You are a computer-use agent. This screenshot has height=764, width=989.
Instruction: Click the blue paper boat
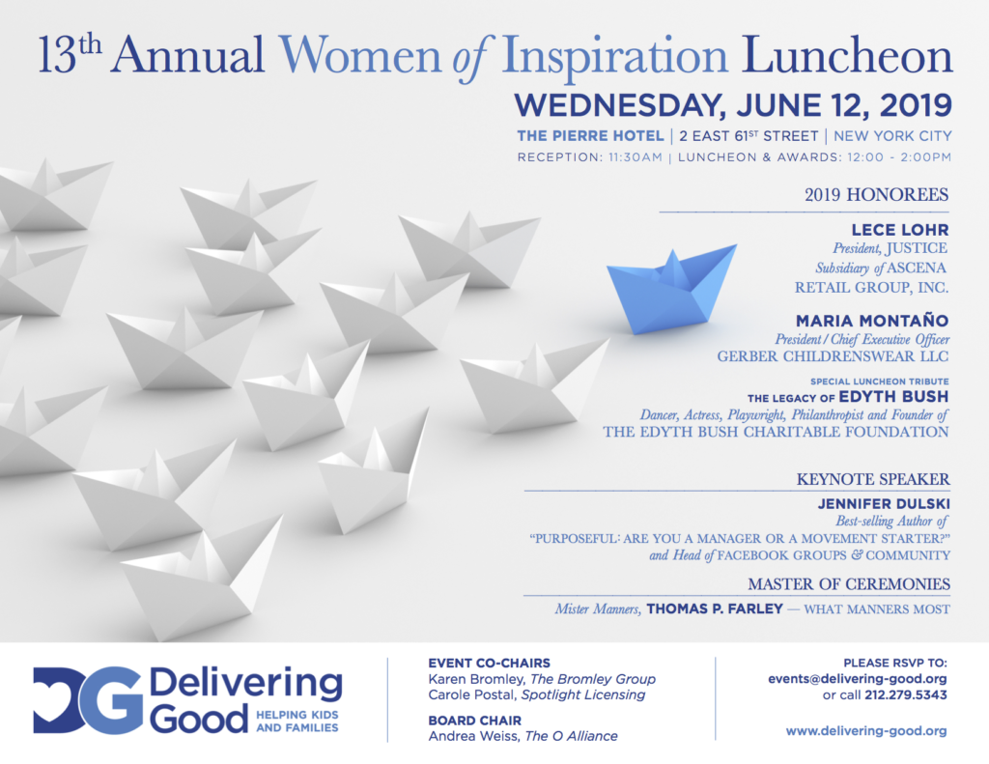670,291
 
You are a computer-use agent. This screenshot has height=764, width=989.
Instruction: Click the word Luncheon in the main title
846,55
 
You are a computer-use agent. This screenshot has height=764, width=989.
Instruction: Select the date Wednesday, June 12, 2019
733,105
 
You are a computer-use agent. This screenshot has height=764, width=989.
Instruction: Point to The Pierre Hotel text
590,135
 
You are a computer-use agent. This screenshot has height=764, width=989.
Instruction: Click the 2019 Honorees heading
876,194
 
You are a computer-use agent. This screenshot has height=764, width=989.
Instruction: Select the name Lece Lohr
900,230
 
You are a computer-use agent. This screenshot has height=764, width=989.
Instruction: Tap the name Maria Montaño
872,321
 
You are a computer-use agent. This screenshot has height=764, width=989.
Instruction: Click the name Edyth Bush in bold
893,397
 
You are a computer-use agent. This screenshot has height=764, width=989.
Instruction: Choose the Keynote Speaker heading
873,479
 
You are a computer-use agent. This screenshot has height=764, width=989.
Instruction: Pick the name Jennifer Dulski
884,504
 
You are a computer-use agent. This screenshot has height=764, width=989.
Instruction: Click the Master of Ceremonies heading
849,584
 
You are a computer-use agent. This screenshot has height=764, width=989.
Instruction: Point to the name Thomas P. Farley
715,608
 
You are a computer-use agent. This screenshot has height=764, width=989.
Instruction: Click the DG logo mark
88,700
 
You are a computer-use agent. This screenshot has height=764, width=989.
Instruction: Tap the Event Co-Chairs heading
489,663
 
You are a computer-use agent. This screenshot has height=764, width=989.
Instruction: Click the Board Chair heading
475,721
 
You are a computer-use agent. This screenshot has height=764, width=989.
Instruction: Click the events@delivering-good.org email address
858,679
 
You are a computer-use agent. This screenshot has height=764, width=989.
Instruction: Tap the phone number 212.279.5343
906,695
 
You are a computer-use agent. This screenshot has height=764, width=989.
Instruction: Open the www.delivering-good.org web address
866,731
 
